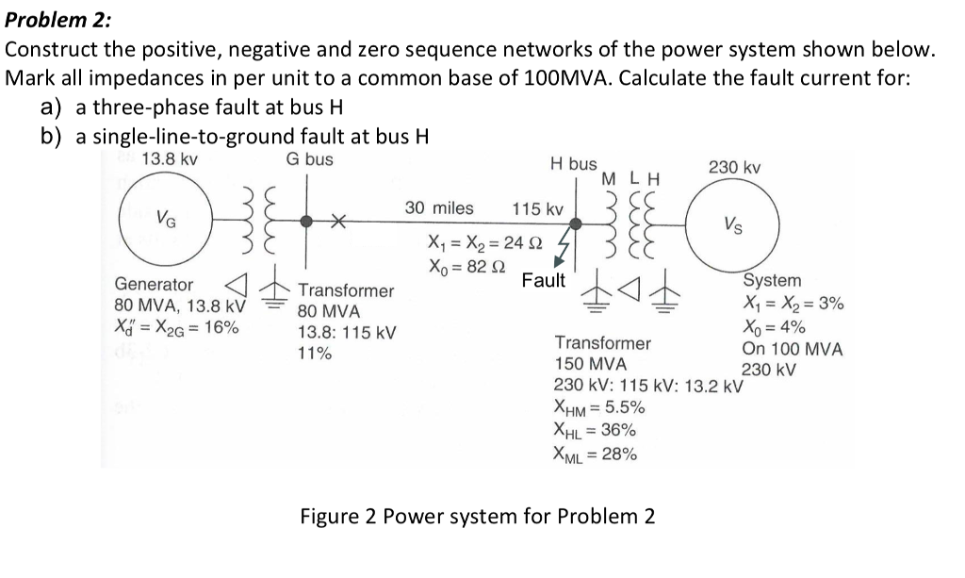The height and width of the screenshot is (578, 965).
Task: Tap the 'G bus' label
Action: [x=310, y=159]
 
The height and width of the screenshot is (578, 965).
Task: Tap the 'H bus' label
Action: [x=573, y=163]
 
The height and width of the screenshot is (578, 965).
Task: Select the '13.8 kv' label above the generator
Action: [x=169, y=159]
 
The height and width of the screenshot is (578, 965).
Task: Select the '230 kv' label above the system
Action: [x=735, y=167]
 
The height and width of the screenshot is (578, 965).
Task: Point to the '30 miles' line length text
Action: [x=439, y=207]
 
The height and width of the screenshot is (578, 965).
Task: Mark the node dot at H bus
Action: [x=579, y=223]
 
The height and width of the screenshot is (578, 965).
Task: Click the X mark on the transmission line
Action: [x=336, y=223]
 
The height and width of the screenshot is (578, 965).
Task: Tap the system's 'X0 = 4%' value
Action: [x=774, y=326]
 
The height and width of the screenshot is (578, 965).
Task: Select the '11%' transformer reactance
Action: [x=314, y=354]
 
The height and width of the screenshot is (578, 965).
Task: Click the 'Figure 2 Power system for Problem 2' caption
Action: [x=477, y=517]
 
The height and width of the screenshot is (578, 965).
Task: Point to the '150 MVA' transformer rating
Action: [x=590, y=363]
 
